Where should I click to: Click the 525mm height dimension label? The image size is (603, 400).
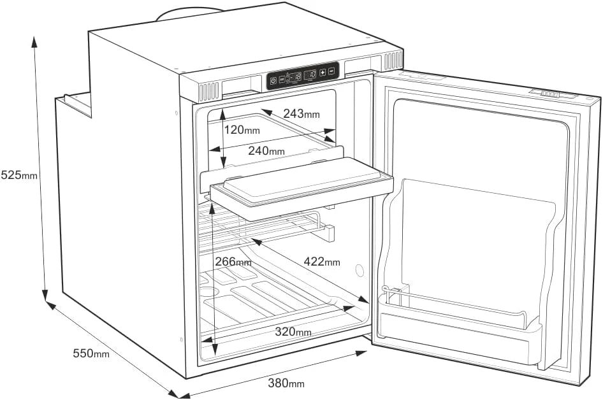click(x=19, y=175)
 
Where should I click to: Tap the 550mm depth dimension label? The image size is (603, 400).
click(x=91, y=353)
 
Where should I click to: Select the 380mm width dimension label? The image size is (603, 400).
click(x=286, y=383)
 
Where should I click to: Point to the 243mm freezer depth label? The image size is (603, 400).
click(x=301, y=113)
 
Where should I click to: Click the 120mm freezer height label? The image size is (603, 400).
click(x=242, y=130)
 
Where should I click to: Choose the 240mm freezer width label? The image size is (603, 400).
click(x=266, y=150)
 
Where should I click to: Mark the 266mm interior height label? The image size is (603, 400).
click(x=233, y=262)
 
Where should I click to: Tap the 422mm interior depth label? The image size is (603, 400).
click(x=322, y=262)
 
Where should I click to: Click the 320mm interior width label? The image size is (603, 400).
click(x=293, y=331)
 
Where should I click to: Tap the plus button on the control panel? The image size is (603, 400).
click(x=323, y=72)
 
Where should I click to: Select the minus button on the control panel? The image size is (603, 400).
click(x=332, y=71)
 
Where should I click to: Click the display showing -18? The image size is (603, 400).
click(x=295, y=76)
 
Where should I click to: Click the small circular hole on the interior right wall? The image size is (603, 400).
click(x=360, y=271)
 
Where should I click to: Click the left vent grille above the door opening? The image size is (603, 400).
click(x=209, y=92)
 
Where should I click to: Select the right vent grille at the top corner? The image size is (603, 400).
click(x=393, y=61)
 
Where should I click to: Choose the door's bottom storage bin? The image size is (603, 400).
click(x=460, y=329)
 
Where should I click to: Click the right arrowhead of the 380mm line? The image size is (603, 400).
click(x=361, y=353)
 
